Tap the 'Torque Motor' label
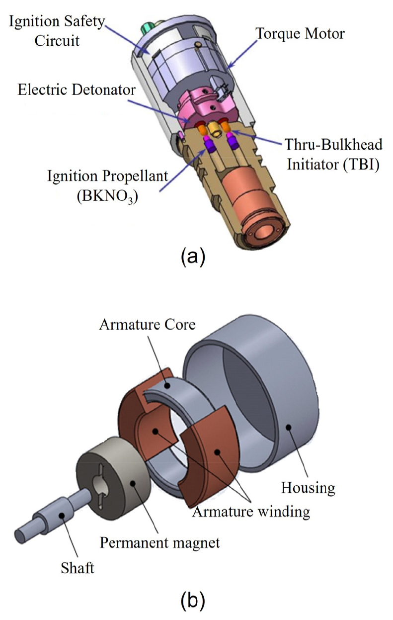coord(300,34)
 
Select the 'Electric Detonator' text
coord(78,90)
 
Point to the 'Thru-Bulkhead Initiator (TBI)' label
coord(333,154)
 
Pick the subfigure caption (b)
coord(192,600)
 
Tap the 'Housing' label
coord(308,488)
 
